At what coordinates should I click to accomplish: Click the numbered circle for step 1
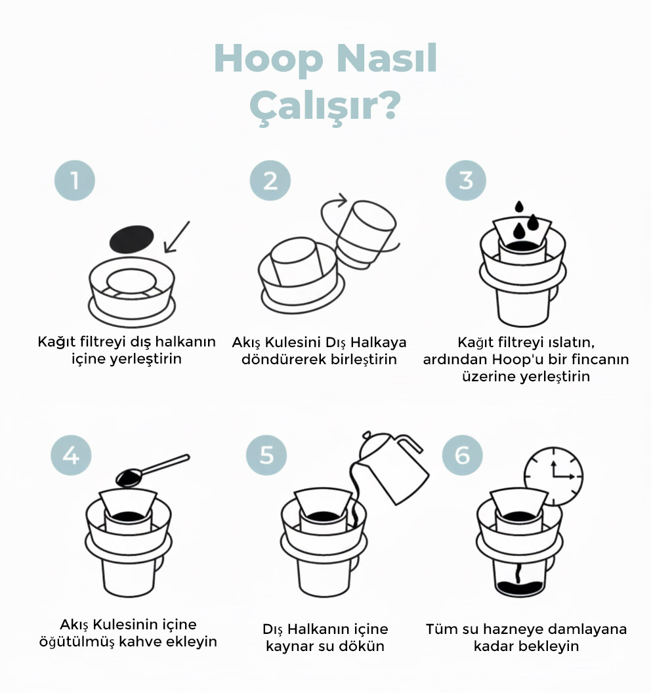pos(75,180)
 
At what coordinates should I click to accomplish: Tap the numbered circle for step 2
pos(270,180)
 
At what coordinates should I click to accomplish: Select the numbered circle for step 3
pos(466,180)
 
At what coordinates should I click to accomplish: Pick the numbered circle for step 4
pos(71,455)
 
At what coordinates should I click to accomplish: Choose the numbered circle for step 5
pos(266,455)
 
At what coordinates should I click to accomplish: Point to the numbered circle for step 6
pos(462,455)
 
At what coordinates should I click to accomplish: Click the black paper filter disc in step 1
pos(132,239)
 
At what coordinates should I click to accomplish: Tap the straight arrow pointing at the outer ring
pos(177,237)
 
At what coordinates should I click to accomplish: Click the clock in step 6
pos(553,476)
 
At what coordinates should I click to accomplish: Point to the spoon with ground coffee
pos(152,471)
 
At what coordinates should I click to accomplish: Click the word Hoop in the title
pos(268,60)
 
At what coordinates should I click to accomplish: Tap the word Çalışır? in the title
pos(325,106)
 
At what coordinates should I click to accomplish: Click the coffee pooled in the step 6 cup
pos(519,589)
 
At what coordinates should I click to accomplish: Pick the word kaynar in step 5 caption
pos(289,646)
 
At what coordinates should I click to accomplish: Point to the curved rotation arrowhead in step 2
pos(342,200)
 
